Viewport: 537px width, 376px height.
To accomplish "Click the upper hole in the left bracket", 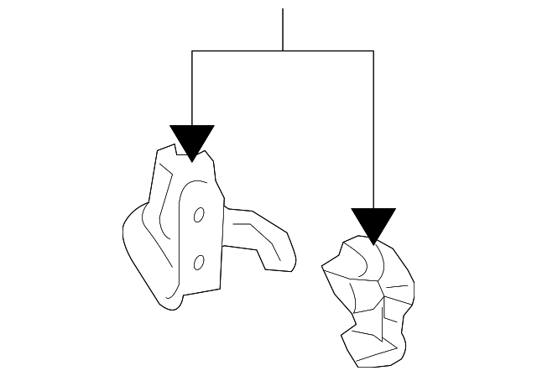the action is coord(200,216).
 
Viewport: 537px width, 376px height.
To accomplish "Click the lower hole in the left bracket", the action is coord(199,263).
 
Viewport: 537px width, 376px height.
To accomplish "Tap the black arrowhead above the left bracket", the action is coord(192,141).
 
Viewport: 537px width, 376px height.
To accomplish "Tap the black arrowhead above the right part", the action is coord(373,224).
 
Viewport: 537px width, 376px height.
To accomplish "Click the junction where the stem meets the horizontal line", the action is coord(284,51).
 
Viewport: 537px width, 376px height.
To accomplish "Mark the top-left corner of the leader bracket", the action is coord(192,51).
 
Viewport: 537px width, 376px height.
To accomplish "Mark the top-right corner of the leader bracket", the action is coord(373,51).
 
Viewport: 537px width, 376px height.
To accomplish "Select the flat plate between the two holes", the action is coord(200,239).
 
